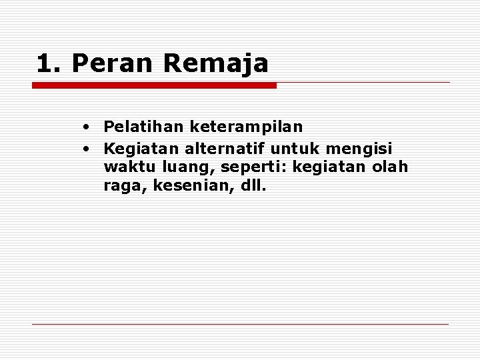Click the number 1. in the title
[49, 64]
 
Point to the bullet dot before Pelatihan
[87, 126]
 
